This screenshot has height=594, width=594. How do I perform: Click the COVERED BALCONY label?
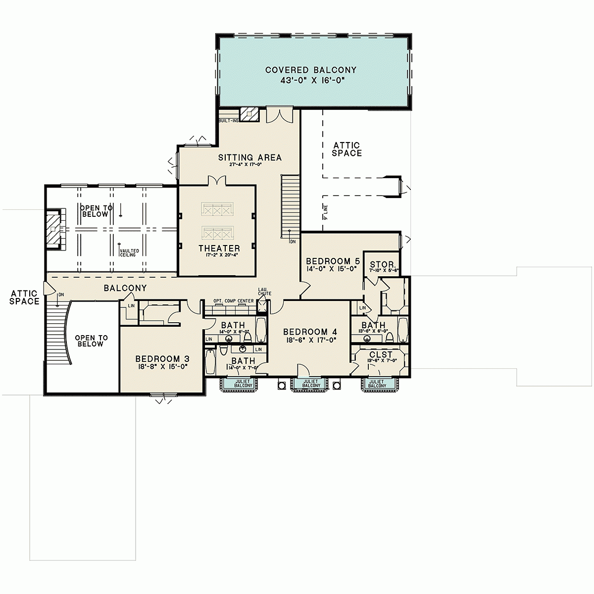tap(310, 70)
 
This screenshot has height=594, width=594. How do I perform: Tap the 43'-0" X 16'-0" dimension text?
tap(310, 80)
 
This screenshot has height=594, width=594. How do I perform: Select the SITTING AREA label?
tap(250, 157)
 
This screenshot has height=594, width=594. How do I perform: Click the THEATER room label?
tap(219, 248)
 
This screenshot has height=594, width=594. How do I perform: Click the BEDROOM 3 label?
tap(163, 359)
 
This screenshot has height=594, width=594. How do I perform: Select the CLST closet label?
tap(381, 354)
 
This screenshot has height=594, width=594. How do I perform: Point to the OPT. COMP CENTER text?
tap(234, 301)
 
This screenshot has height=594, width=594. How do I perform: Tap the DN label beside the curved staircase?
tap(61, 295)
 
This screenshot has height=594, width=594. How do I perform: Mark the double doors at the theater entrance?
tap(217, 181)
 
